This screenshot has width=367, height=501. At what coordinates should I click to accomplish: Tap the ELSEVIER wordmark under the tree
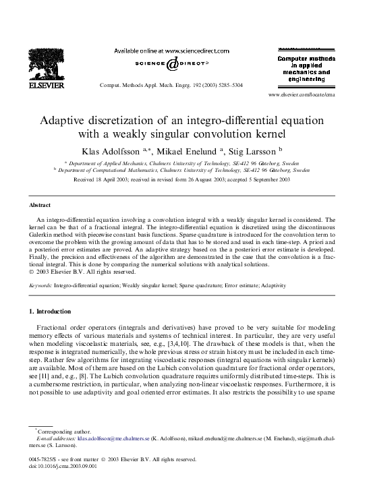[x=46, y=86]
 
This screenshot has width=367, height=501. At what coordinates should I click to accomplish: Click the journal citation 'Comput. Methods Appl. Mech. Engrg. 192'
[x=171, y=86]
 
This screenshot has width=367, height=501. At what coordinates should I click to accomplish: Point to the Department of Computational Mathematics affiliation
[x=181, y=171]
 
